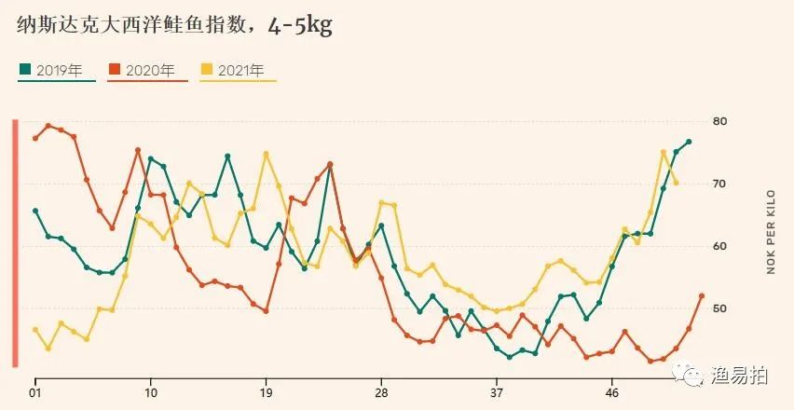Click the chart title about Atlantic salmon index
point(174,25)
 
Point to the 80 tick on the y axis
point(719,121)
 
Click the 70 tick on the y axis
point(719,184)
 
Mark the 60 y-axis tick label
point(719,246)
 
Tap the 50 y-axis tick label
point(719,308)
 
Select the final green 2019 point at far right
point(689,142)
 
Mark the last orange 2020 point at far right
point(702,295)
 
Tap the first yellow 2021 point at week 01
point(35,330)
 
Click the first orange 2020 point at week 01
point(35,138)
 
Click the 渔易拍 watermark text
point(744,376)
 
